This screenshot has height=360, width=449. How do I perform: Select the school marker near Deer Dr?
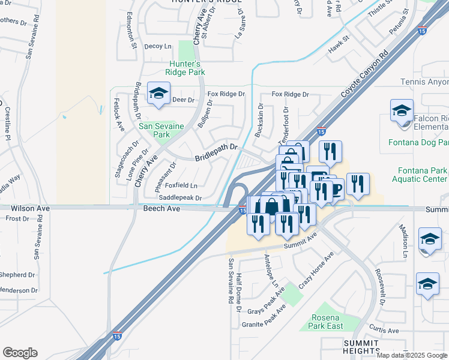pos(158,94)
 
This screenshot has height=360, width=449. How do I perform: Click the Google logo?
pos(20,353)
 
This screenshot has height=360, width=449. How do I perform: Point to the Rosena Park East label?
pos(327,322)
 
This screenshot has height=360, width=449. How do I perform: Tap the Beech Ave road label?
pos(161,208)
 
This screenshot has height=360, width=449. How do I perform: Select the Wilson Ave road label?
pos(29,208)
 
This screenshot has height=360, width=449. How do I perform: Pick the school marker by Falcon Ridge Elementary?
pos(402,112)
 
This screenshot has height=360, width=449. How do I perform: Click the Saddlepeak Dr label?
pos(180,197)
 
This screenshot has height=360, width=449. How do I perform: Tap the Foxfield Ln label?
pos(181,185)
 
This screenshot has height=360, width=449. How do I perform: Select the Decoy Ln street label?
pos(158,46)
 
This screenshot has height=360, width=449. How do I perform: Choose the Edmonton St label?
pos(132,37)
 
